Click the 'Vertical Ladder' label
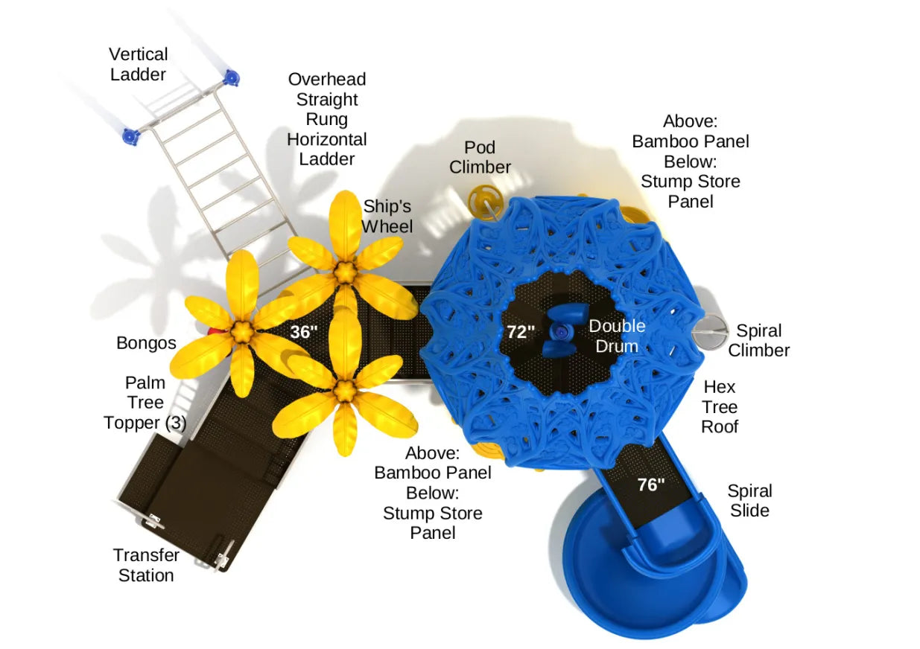139,65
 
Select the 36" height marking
304,332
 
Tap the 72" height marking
521,332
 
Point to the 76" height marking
651,485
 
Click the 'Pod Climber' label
480,157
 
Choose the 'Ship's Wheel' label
387,216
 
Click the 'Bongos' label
146,343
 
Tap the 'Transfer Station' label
146,565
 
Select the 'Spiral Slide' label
750,500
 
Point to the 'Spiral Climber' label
758,340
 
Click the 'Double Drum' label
617,336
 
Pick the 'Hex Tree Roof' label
720,406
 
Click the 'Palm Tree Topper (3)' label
145,403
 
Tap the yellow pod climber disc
485,202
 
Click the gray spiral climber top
710,331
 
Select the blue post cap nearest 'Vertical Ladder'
231,77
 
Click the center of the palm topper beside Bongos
241,331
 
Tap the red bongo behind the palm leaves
213,331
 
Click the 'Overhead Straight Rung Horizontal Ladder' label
327,119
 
